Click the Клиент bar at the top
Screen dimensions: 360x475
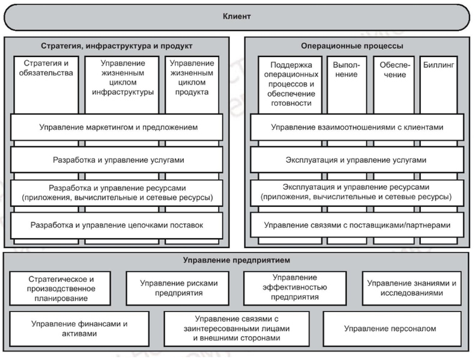237,16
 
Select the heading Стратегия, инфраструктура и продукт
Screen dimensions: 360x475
117,46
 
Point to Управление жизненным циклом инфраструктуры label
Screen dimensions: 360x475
123,78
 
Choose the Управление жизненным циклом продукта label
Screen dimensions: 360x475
192,78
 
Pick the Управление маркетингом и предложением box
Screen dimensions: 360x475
118,127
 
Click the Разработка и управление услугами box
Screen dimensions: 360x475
118,160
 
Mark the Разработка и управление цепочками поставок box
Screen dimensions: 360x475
118,225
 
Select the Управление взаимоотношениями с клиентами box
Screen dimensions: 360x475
357,127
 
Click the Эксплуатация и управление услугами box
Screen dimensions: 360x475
357,160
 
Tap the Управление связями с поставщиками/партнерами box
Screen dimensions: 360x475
357,225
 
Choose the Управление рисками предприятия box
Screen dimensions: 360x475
179,288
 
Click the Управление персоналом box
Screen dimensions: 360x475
390,328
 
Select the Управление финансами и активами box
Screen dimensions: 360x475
80,328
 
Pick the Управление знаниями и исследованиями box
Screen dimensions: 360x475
413,288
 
